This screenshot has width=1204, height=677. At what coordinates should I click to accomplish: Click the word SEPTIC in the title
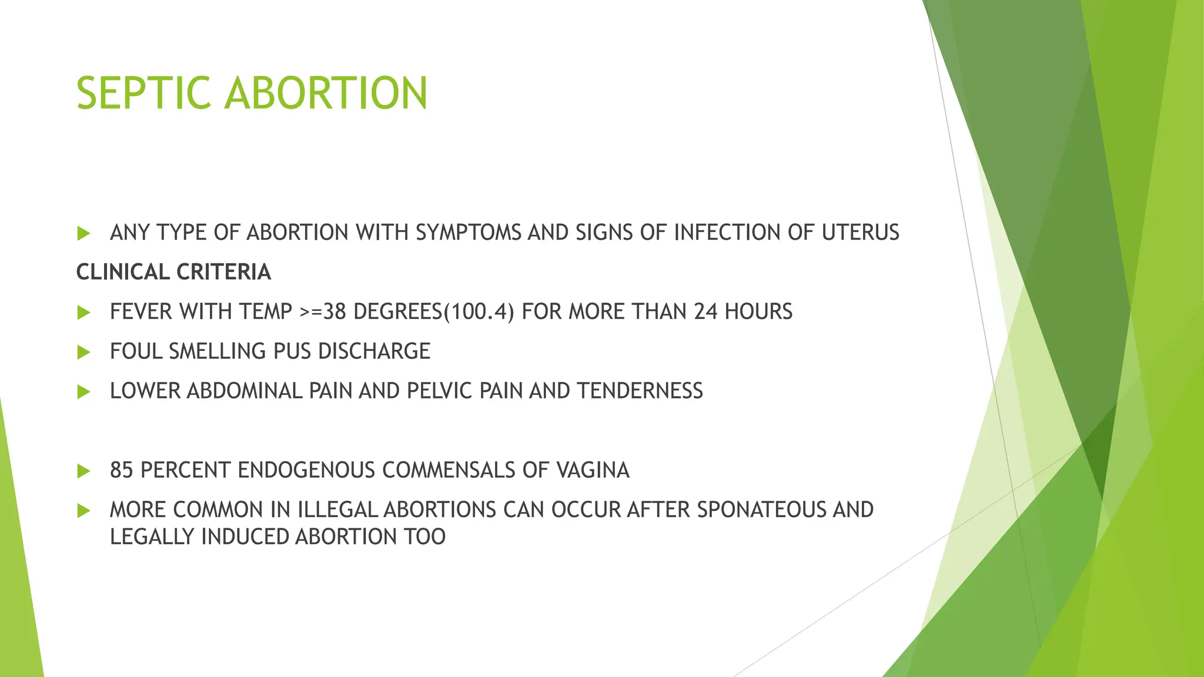pos(143,93)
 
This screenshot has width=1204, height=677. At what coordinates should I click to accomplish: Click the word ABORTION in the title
pos(326,93)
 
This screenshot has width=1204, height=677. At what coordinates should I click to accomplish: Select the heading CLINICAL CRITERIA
pos(173,272)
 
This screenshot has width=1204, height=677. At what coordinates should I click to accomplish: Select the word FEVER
pos(141,311)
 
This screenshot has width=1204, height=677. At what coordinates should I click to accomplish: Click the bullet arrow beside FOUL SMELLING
pos(83,353)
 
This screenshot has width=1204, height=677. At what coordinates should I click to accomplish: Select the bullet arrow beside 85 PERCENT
pos(83,471)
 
